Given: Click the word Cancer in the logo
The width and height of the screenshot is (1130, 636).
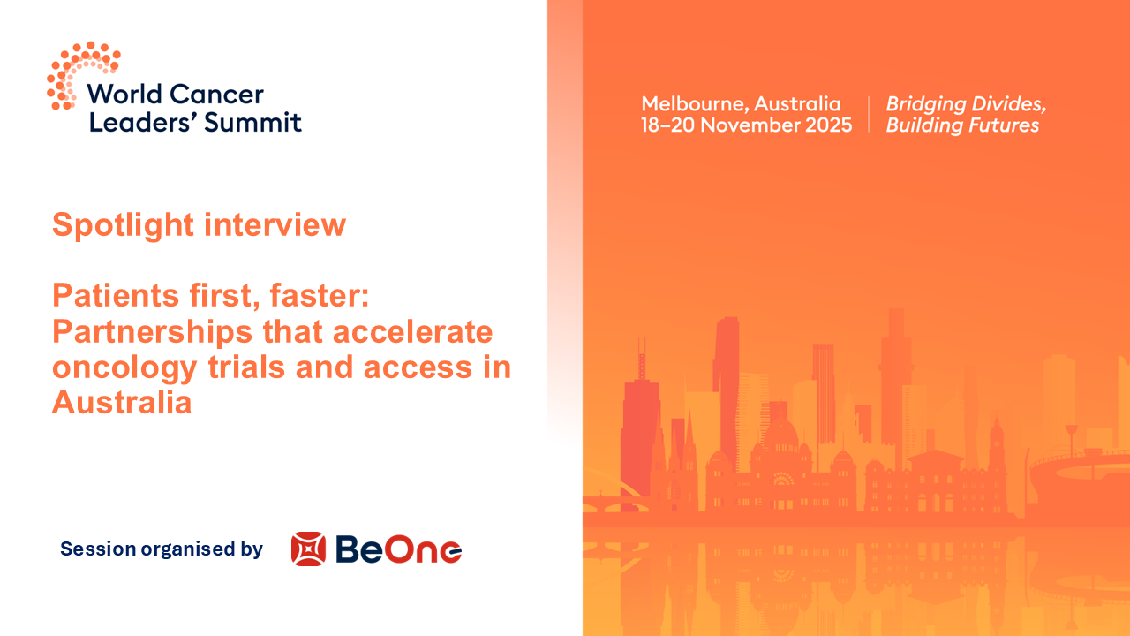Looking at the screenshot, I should (224, 95).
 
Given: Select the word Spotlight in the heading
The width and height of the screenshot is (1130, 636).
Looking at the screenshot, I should (123, 224).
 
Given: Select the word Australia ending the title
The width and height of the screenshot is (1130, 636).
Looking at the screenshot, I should (122, 402).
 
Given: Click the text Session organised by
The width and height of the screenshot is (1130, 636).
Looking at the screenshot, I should (162, 549).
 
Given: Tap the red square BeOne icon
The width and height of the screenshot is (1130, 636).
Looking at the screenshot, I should (308, 549).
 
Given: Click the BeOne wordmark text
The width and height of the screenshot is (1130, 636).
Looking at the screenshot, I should (399, 549).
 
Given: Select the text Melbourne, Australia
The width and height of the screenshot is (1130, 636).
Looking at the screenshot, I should (741, 103).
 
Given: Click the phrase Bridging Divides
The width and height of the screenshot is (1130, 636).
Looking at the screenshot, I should (966, 103).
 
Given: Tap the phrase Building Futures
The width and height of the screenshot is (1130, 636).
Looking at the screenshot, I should (962, 125).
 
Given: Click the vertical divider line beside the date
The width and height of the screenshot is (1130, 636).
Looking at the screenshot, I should (870, 114).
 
